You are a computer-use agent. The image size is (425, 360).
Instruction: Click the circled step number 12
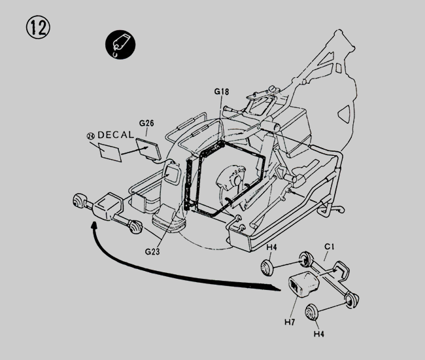point(38,27)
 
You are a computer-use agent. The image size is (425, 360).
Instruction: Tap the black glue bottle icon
point(120,45)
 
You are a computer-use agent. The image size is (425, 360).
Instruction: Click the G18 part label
point(222,92)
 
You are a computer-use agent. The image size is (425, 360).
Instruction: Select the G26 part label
point(146,123)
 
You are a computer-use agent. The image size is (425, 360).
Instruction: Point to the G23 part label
point(152,252)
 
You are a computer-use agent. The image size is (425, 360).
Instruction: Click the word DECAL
point(116,135)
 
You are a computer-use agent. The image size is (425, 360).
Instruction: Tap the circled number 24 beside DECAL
point(91,136)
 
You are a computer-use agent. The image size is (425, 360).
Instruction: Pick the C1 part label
point(330,247)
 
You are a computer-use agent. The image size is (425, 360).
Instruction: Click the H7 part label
point(290,322)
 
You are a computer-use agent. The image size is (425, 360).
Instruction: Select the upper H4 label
point(271,247)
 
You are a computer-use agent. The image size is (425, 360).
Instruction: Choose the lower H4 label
point(319,334)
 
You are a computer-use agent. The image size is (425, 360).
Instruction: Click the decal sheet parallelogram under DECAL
point(110,153)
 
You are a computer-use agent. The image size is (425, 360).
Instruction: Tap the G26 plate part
point(148,149)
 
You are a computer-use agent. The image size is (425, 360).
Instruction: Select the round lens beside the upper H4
point(267,267)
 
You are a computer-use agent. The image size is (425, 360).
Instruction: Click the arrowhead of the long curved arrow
point(95,226)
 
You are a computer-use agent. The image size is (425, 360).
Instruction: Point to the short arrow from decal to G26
point(135,151)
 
